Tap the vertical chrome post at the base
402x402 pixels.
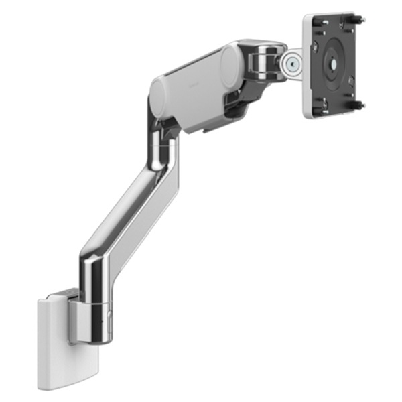click(x=96, y=295)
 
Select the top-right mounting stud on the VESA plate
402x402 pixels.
click(x=360, y=20)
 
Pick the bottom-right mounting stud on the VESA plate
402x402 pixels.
click(x=360, y=105)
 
